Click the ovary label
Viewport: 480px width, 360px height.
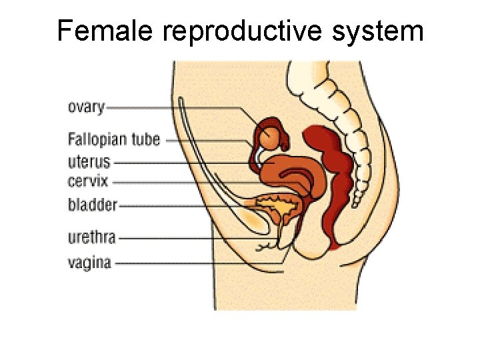(x=86, y=106)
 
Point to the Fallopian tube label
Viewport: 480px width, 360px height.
(x=114, y=139)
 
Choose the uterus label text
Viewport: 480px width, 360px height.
(x=89, y=161)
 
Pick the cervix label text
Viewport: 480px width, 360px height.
(x=87, y=181)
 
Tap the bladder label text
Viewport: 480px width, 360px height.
(x=92, y=205)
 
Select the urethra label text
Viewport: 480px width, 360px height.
(x=92, y=237)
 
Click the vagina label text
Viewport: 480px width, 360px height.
(x=89, y=262)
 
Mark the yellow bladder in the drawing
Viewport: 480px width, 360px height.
(x=280, y=209)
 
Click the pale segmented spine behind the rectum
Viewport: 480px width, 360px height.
(x=363, y=167)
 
